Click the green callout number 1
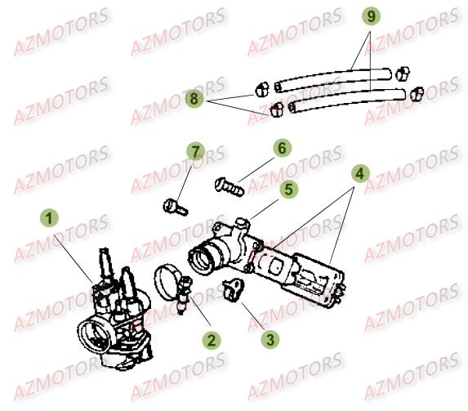coord(51,218)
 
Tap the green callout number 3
coord(267,337)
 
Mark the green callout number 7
coord(194,152)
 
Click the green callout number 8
coord(194,98)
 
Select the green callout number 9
coord(370,16)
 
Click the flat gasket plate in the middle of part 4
coord(273,263)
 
